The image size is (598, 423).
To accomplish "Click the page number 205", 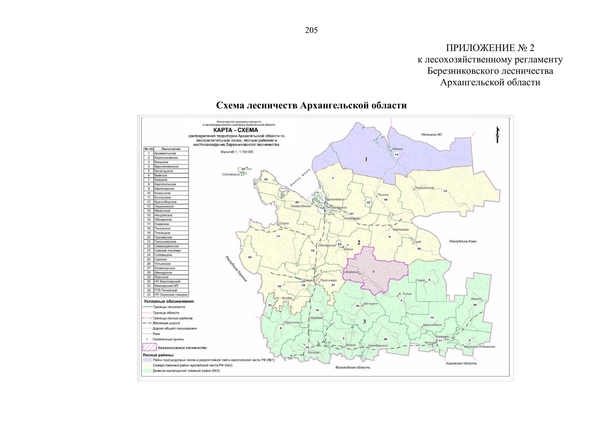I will pos(311,30).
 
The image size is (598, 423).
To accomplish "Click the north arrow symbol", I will pos(498,135).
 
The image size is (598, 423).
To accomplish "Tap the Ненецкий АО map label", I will pos(431,135).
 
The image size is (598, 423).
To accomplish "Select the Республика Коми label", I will pos(463,241).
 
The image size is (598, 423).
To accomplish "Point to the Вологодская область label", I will pos(352,367).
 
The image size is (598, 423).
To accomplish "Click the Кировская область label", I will pos(461,363).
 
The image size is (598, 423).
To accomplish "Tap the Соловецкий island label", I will pos(231,174).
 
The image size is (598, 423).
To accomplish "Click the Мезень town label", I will pos(397,149).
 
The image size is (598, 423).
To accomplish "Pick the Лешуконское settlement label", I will pos(425,188).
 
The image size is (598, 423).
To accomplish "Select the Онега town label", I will pos(284,223).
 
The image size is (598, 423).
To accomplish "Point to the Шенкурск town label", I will pos(370,303).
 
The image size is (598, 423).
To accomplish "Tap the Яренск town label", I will pos(476,299).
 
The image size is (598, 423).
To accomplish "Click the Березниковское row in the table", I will pos(166,158).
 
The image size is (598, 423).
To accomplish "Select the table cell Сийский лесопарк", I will pos(168,251).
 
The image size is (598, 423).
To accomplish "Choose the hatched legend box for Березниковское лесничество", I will pos(149,348).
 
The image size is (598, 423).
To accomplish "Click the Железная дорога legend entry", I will pos(166,323).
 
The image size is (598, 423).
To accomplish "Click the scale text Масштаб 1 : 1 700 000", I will pos(237,152).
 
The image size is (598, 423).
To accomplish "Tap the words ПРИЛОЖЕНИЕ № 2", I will pos(490,48).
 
